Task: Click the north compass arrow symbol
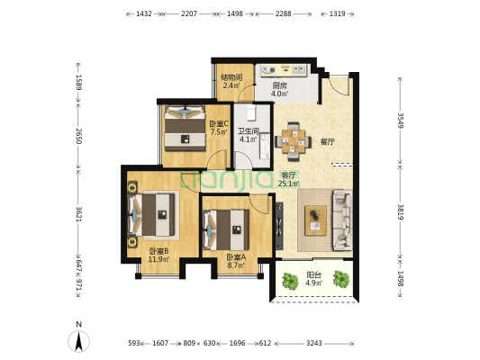pos(78,341)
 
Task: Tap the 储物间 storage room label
pos(231,77)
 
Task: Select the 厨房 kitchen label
pos(280,85)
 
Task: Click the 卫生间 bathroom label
pos(249,131)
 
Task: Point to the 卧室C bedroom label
pos(219,124)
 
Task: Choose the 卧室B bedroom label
pos(158,251)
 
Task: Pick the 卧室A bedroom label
pos(236,257)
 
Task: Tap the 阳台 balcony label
pos(313,274)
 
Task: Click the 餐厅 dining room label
pos(328,141)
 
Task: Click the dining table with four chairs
pos(294,141)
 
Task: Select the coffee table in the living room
pos(315,220)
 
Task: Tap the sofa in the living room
pos(342,220)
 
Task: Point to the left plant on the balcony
pos(290,281)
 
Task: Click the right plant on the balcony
pos(341,279)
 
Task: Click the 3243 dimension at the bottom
pos(314,343)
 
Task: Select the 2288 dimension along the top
pos(283,13)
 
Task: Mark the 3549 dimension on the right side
pos(400,121)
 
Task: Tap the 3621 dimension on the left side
pos(78,214)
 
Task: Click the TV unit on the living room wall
pos(279,226)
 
